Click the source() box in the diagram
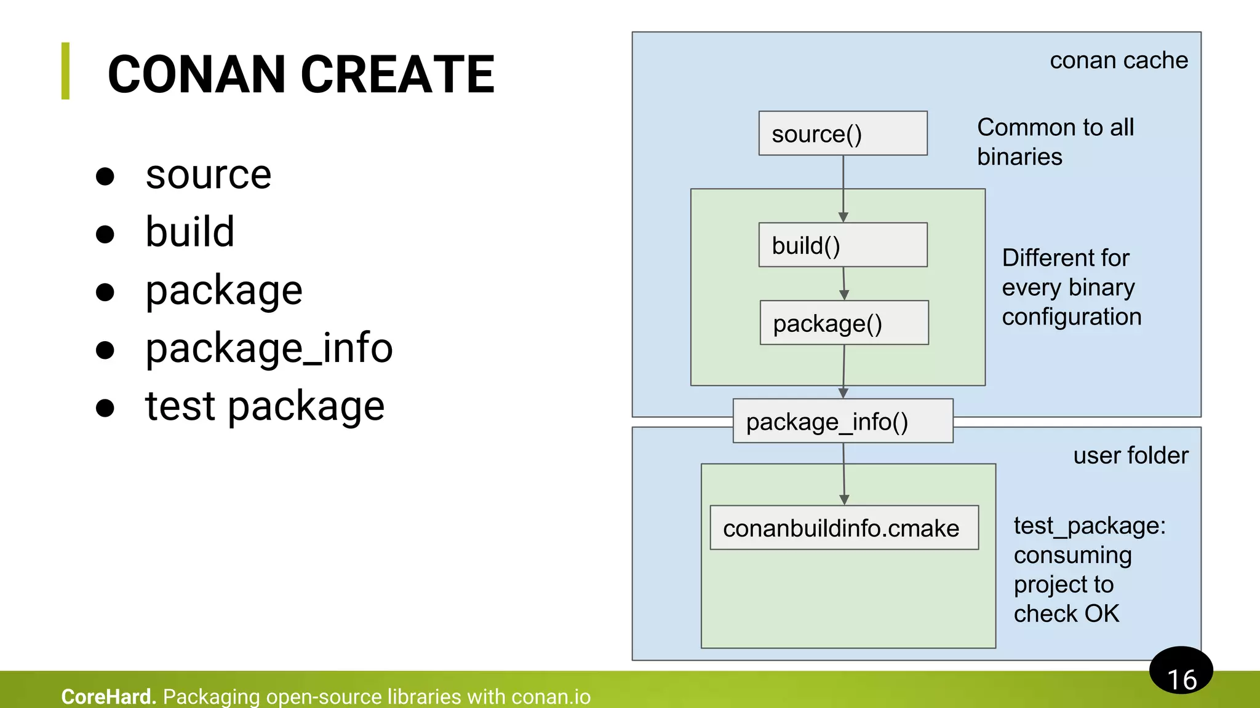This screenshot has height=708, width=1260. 842,133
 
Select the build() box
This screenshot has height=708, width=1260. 842,245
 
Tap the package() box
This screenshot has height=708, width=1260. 843,323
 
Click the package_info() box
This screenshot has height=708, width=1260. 842,421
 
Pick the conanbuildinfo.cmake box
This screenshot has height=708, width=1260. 843,528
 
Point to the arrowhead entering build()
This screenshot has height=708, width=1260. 843,217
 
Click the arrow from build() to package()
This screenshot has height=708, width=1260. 843,283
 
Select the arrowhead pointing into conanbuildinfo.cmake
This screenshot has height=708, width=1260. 844,500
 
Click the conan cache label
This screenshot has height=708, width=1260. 1118,60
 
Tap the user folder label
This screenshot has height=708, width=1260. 1130,455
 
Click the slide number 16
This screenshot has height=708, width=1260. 1181,679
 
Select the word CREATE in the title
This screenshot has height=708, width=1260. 397,74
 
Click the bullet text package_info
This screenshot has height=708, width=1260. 269,348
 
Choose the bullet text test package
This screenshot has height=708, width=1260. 265,406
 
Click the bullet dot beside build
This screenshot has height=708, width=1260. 105,234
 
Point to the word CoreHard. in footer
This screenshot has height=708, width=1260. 108,696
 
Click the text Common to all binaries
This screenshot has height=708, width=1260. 1055,142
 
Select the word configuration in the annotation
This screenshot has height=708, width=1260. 1071,317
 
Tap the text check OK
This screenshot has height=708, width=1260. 1066,613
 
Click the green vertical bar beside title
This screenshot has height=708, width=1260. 65,71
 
